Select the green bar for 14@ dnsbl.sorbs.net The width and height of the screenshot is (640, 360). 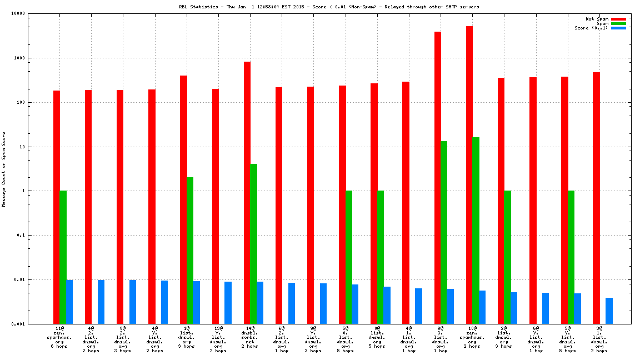tap(253, 244)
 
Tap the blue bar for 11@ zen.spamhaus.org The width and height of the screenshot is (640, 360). tap(69, 302)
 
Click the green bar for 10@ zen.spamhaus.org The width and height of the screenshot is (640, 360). tap(476, 231)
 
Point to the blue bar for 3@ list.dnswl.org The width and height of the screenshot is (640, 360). tap(609, 311)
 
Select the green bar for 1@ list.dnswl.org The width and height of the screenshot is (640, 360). tap(190, 251)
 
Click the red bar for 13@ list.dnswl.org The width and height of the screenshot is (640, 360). tap(216, 206)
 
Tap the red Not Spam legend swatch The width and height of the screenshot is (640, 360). tap(618, 19)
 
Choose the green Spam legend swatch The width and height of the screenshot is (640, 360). tap(618, 23)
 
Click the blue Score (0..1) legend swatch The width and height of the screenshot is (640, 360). tap(618, 28)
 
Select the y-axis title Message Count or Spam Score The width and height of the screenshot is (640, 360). tap(4, 169)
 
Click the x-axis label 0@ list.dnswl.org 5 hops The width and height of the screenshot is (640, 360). tap(376, 337)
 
